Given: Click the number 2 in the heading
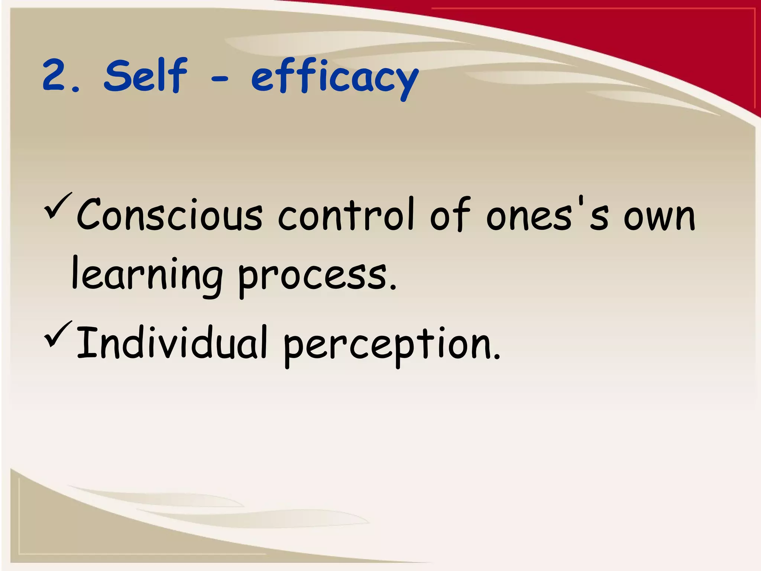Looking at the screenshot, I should [x=54, y=76].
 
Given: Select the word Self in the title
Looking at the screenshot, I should [x=145, y=75].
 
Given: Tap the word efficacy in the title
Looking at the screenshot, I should [x=334, y=78].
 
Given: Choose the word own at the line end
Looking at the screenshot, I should [x=658, y=217].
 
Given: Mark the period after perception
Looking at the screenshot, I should [x=497, y=357].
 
